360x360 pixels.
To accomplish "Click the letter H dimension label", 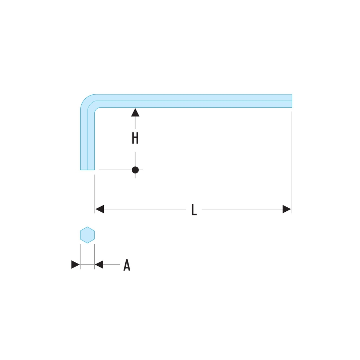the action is pyautogui.click(x=135, y=138).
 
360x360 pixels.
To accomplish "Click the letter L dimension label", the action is pyautogui.click(x=194, y=210).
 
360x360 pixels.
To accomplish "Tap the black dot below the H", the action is pyautogui.click(x=135, y=170).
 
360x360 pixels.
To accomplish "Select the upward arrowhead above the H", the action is pyautogui.click(x=135, y=112).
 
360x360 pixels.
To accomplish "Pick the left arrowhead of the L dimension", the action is pyautogui.click(x=100, y=209).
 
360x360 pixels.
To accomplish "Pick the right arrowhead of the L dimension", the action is pyautogui.click(x=287, y=209).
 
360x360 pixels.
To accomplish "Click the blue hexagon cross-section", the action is pyautogui.click(x=87, y=235).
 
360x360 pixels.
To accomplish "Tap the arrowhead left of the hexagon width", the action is pyautogui.click(x=76, y=265).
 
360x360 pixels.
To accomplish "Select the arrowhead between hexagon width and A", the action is pyautogui.click(x=99, y=265).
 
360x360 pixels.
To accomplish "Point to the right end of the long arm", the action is pyautogui.click(x=292, y=101).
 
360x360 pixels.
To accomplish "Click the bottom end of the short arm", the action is pyautogui.click(x=87, y=170).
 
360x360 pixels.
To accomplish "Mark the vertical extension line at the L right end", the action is pyautogui.click(x=292, y=162).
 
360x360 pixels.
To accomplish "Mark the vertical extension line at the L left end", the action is pyautogui.click(x=95, y=194).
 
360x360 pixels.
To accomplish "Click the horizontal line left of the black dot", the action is pyautogui.click(x=115, y=170).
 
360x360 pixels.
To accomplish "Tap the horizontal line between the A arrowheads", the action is pyautogui.click(x=87, y=265).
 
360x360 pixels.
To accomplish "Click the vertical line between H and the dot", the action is pyautogui.click(x=135, y=159).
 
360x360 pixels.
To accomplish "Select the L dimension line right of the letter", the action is pyautogui.click(x=242, y=209).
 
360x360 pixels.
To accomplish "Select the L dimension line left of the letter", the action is pyautogui.click(x=145, y=209).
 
